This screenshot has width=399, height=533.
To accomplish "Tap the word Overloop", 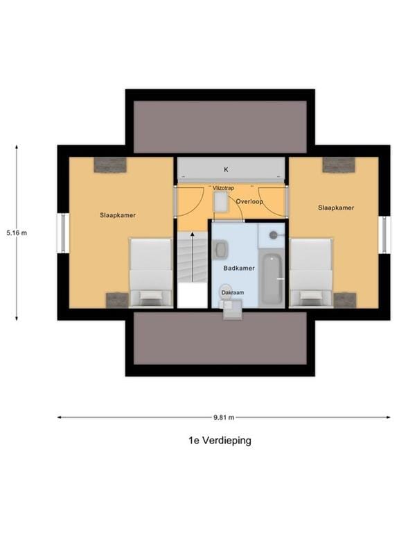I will pyautogui.click(x=249, y=201).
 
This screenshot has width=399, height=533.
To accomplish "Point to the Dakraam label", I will pyautogui.click(x=232, y=293).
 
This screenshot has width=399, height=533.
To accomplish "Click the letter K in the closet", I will pyautogui.click(x=226, y=169).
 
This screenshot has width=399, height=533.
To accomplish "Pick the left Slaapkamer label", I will pyautogui.click(x=118, y=215).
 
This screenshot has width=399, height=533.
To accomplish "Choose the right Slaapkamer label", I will pyautogui.click(x=336, y=208).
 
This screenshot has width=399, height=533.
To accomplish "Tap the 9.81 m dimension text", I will pyautogui.click(x=224, y=417).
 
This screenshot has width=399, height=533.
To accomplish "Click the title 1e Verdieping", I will pyautogui.click(x=219, y=440).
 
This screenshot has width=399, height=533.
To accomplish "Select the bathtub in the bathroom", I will pyautogui.click(x=272, y=280).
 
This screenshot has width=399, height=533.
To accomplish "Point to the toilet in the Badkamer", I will pyautogui.click(x=226, y=290).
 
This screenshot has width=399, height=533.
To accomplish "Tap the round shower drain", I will pyautogui.click(x=274, y=235).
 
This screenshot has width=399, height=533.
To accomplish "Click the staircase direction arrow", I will pyautogui.click(x=192, y=257).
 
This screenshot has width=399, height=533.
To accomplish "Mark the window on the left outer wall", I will pyautogui.click(x=62, y=234).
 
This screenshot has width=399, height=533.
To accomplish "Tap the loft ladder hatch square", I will pyautogui.click(x=221, y=202).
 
